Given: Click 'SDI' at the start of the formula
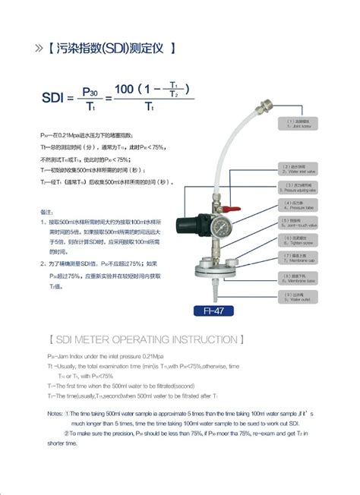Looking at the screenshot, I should pos(53,96).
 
